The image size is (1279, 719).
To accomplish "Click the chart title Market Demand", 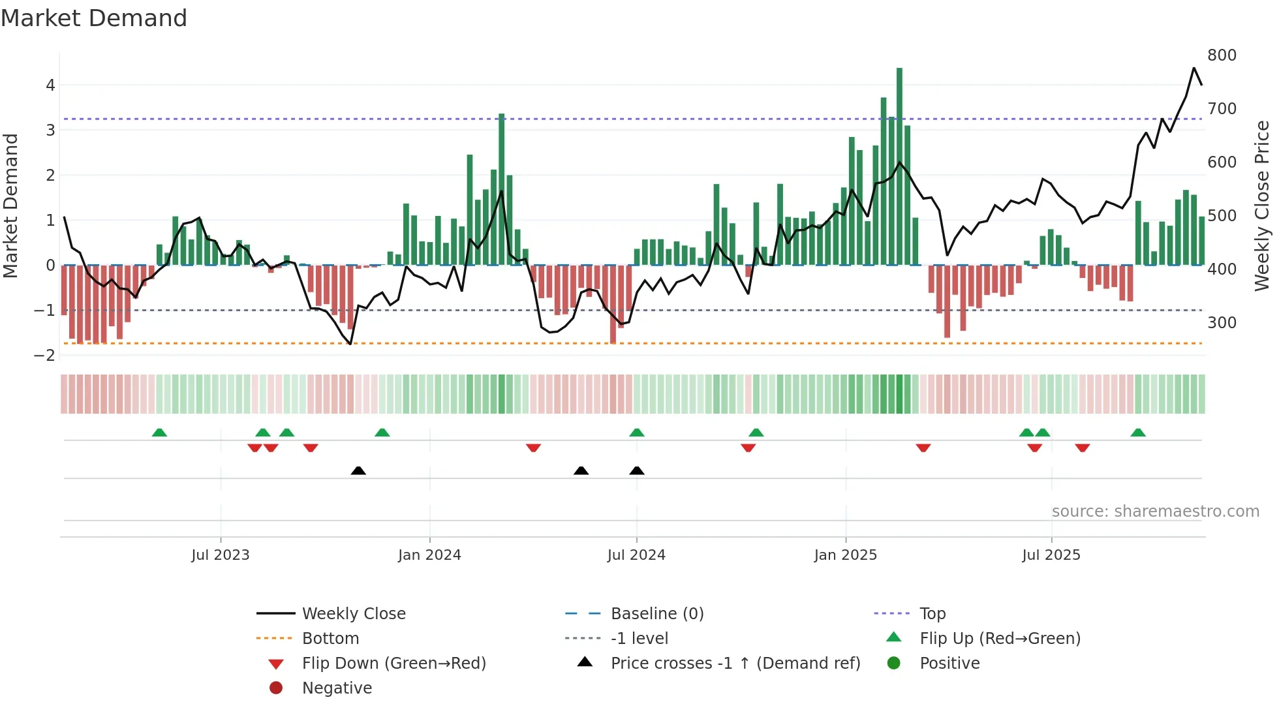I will (x=94, y=18).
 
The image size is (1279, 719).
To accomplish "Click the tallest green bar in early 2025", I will (x=899, y=166).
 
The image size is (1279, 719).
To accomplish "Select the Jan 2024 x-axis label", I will (x=429, y=555).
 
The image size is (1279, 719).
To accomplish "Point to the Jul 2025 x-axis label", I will (x=1051, y=555).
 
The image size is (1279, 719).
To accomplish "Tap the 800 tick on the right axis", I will (x=1222, y=55).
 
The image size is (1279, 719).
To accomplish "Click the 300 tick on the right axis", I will (x=1222, y=323).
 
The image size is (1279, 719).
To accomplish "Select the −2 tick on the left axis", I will (x=45, y=356).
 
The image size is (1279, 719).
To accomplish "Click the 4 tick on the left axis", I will (x=50, y=85).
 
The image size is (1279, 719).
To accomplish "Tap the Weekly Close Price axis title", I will (x=1262, y=206).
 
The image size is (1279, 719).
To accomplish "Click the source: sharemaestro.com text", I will (x=1155, y=512).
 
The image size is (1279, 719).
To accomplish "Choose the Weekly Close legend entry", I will (x=353, y=614).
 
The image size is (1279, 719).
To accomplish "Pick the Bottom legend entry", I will (x=330, y=639).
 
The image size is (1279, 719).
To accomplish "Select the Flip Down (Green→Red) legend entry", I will (x=393, y=664).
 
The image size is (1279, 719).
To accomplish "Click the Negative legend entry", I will (x=337, y=688).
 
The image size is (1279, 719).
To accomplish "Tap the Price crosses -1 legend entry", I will (x=735, y=664).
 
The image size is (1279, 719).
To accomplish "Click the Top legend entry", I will (x=932, y=614).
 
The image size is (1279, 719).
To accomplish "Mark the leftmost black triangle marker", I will (x=358, y=470).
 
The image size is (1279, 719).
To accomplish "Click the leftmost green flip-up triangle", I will (x=159, y=433).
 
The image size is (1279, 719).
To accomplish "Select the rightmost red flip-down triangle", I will (x=1083, y=448).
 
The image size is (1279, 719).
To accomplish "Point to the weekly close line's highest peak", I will (x=1194, y=68).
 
